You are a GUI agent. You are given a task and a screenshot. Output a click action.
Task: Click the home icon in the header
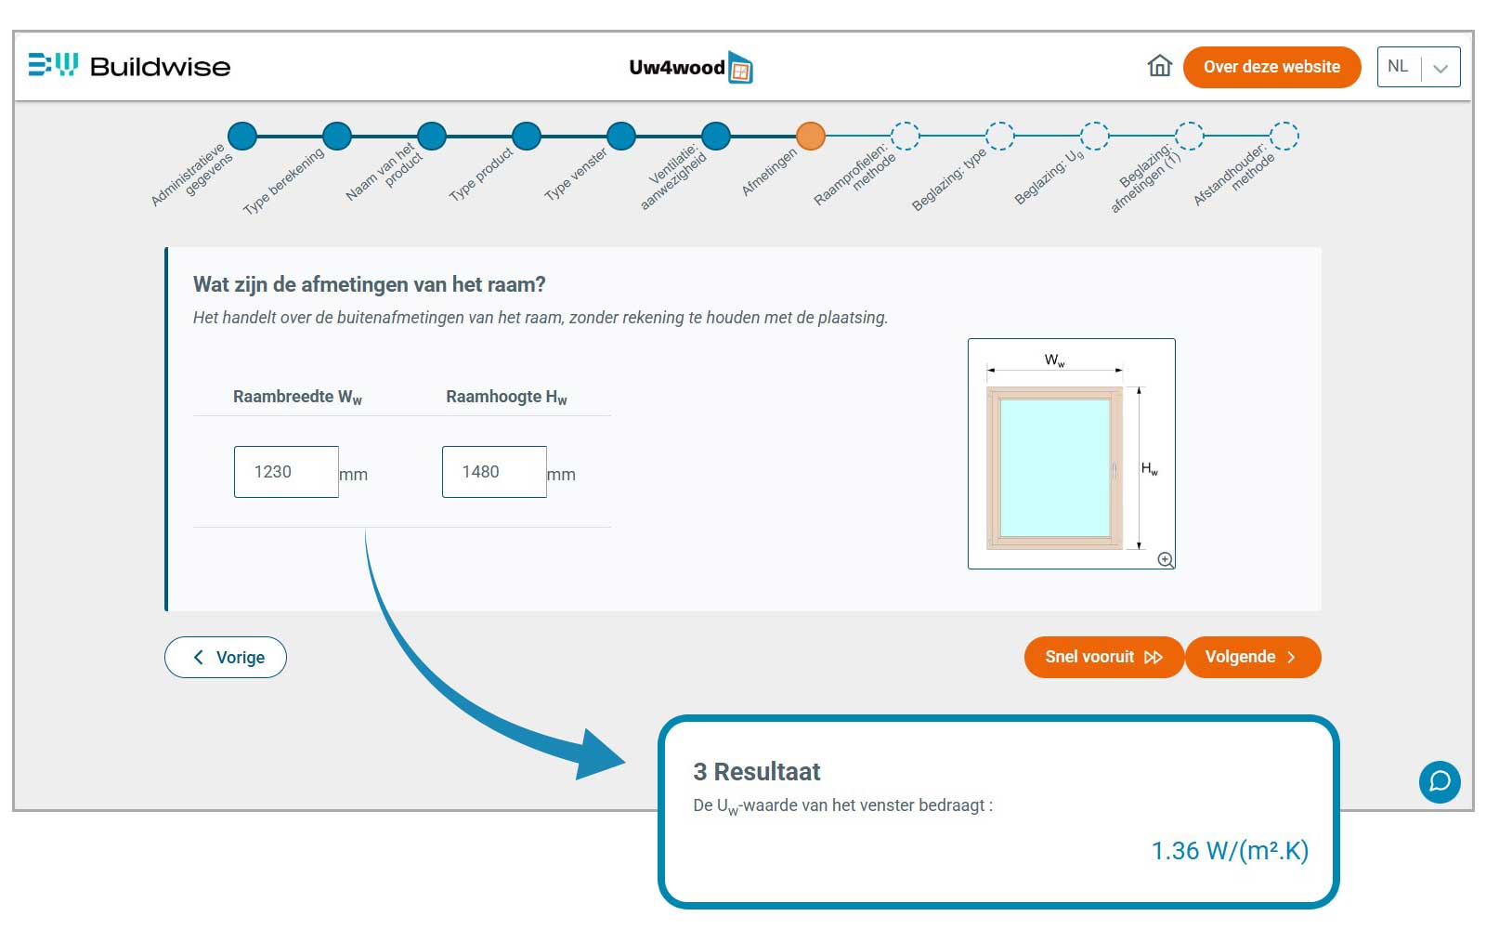click(x=1159, y=66)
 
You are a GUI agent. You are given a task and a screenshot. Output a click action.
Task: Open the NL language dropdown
click(x=1418, y=67)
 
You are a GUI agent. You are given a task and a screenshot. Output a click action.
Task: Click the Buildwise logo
click(x=129, y=66)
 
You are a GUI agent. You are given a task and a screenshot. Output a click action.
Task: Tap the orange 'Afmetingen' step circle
click(x=811, y=136)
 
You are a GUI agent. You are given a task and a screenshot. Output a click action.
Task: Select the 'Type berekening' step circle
click(x=337, y=136)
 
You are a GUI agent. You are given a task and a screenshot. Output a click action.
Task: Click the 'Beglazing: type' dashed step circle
click(x=999, y=136)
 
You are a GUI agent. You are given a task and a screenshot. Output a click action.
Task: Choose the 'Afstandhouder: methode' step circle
click(x=1284, y=136)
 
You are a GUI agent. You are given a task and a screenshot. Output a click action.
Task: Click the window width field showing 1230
click(x=286, y=472)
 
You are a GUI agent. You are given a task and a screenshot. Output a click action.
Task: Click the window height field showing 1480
click(x=494, y=472)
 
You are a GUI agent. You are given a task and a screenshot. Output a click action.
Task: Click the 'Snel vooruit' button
click(x=1104, y=657)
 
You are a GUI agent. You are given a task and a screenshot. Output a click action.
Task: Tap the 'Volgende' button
click(x=1253, y=657)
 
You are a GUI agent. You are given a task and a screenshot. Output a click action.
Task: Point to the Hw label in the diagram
click(x=1150, y=469)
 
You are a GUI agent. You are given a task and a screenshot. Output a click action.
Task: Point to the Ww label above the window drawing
click(x=1054, y=360)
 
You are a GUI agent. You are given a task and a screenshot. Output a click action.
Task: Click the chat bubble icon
click(x=1440, y=781)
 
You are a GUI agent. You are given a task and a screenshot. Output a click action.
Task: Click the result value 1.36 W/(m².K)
click(x=1230, y=851)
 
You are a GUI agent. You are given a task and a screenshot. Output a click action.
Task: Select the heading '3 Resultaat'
click(x=757, y=772)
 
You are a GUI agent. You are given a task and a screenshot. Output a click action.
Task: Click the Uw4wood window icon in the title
click(x=740, y=68)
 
